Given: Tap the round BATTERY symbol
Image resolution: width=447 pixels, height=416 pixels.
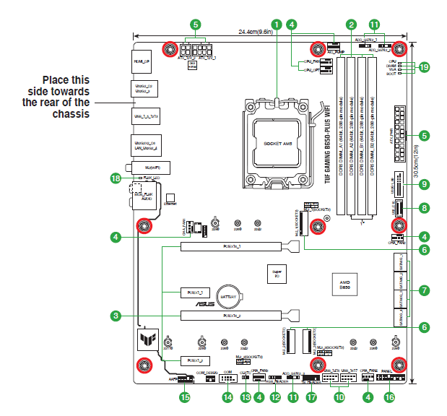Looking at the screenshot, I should pyautogui.click(x=229, y=296).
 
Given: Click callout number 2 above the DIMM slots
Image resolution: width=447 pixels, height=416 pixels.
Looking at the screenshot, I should pyautogui.click(x=350, y=24).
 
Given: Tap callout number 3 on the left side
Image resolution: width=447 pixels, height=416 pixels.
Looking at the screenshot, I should pyautogui.click(x=115, y=315).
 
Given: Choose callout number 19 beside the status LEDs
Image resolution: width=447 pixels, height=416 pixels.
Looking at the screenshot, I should pyautogui.click(x=424, y=67).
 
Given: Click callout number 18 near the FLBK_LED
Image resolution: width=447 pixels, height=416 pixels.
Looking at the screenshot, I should pyautogui.click(x=115, y=177).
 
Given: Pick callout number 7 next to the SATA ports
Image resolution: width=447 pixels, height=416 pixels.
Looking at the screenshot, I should pyautogui.click(x=424, y=290).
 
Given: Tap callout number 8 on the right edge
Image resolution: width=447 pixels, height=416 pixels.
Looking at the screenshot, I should pyautogui.click(x=424, y=208).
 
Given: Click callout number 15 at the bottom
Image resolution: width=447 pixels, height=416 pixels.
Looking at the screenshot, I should pyautogui.click(x=185, y=396).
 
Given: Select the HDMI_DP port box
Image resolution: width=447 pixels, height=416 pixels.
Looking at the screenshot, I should pyautogui.click(x=142, y=63).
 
